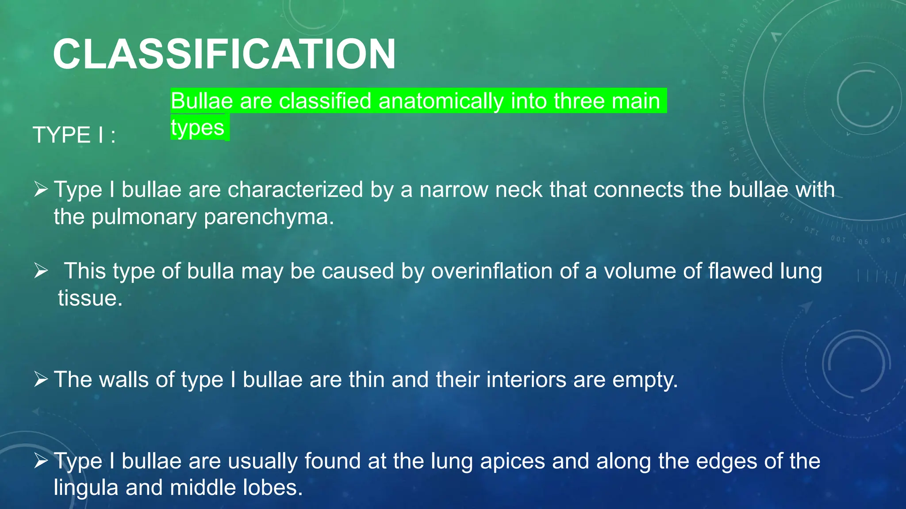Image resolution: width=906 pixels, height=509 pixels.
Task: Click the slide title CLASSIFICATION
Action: point(224,54)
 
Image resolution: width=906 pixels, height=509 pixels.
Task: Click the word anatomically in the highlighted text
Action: point(441,101)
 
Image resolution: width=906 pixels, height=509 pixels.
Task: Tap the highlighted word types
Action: point(198,128)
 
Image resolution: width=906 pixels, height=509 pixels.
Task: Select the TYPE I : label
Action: point(74,135)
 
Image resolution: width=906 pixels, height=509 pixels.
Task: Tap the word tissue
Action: point(90,298)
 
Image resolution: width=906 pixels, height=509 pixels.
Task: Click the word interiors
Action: point(526,380)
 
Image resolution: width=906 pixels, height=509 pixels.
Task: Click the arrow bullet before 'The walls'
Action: point(41,380)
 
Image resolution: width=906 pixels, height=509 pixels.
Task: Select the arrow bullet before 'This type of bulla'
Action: point(41,271)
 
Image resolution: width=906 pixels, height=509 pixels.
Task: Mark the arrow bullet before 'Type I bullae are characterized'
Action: point(41,190)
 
